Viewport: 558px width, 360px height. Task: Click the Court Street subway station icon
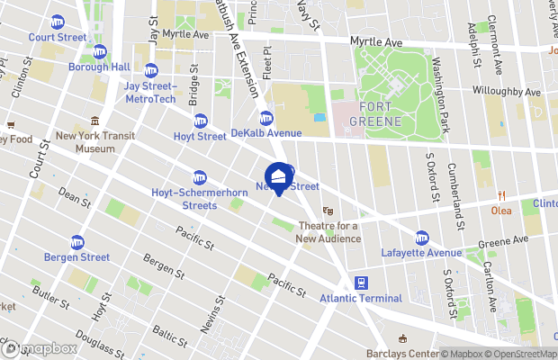[x=58, y=22]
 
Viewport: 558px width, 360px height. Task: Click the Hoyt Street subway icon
[x=201, y=121]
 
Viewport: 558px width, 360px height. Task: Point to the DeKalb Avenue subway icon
[x=266, y=118]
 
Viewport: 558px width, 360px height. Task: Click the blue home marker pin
[x=279, y=177]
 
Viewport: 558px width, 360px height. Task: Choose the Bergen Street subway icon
[x=78, y=242]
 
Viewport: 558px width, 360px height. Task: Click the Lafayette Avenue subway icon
[x=422, y=238]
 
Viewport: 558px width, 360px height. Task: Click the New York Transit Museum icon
[x=94, y=121]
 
